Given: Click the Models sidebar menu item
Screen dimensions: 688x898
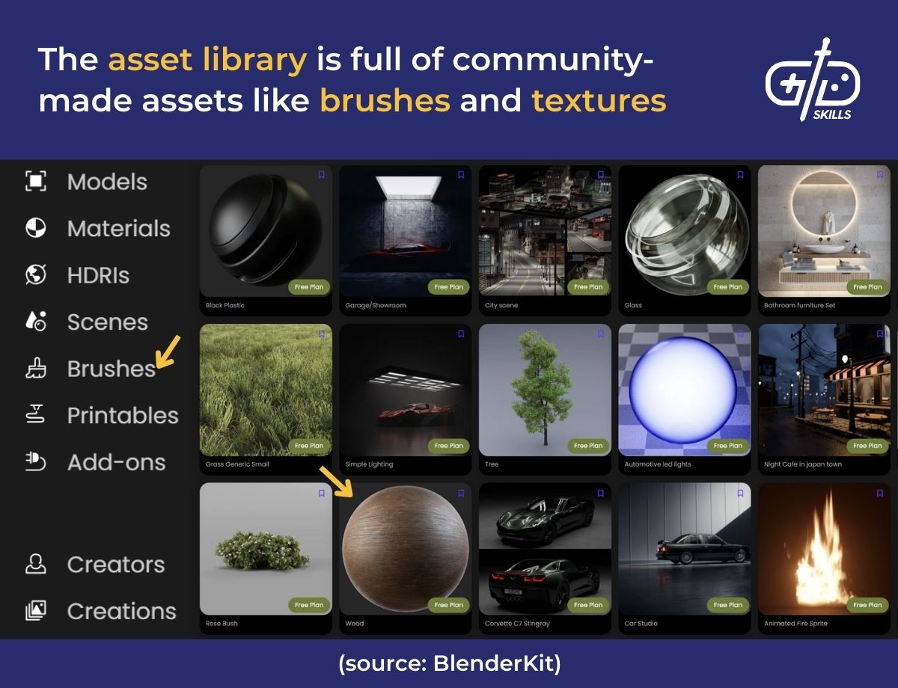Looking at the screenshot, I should [107, 182].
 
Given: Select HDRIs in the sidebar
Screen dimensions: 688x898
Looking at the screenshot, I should [98, 275].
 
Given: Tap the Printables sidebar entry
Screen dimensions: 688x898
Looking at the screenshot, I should [123, 416].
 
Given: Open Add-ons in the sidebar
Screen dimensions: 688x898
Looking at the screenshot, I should [116, 462].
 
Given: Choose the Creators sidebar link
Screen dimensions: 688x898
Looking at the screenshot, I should [116, 565].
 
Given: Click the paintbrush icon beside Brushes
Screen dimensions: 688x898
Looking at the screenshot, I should [36, 369].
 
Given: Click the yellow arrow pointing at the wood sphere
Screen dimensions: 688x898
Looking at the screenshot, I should [335, 481].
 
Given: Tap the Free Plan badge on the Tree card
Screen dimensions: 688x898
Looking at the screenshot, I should [587, 446].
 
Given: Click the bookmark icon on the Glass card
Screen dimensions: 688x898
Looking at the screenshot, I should [740, 175].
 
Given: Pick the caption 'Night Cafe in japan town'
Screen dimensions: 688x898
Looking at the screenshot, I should [803, 464].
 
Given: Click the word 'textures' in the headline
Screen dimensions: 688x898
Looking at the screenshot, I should [599, 99].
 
